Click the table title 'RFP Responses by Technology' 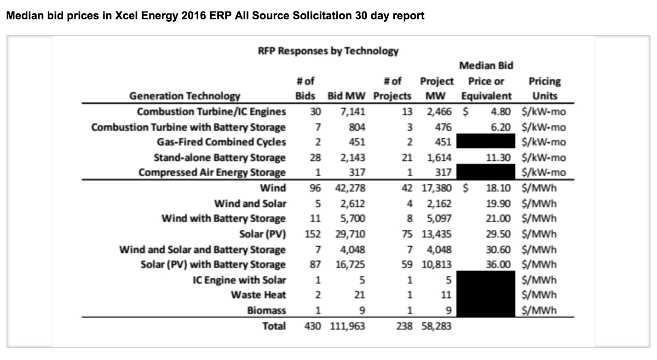328,51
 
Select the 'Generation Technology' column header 184,96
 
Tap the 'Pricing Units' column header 545,88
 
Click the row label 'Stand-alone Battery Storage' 219,157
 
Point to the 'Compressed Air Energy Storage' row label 212,172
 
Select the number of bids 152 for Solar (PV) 312,234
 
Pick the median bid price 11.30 499,157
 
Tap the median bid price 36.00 499,264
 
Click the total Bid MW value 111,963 347,326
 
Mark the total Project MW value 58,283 436,326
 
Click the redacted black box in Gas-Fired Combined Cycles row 485,142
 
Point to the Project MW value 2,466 439,111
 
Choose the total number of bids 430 313,326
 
